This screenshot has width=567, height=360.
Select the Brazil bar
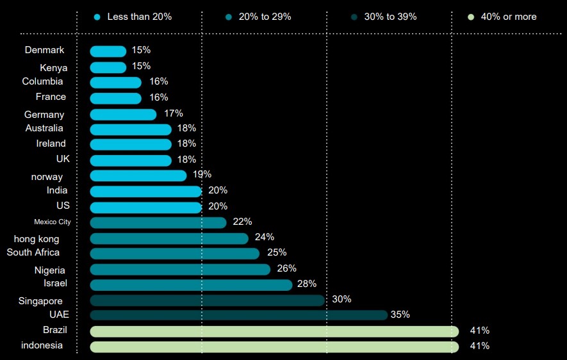(274, 331)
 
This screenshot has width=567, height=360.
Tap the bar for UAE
(238, 315)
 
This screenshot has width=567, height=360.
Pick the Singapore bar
(207, 300)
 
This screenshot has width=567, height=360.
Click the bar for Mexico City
(158, 222)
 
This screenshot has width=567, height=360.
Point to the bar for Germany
(123, 114)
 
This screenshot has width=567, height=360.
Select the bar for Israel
(191, 284)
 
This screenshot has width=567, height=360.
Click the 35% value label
(400, 315)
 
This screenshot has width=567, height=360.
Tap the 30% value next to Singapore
(341, 299)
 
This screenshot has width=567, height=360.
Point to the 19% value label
(201, 174)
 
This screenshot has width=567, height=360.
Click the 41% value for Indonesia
(479, 346)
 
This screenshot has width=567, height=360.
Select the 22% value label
(242, 222)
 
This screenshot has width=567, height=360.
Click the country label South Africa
(33, 252)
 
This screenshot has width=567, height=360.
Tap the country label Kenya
(53, 68)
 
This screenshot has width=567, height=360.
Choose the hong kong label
(37, 239)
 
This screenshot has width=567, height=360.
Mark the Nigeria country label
(50, 270)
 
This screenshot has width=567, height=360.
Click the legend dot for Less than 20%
(97, 17)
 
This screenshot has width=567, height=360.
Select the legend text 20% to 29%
(265, 17)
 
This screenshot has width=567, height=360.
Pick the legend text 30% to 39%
(390, 17)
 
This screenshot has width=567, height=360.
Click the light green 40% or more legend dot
(472, 17)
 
